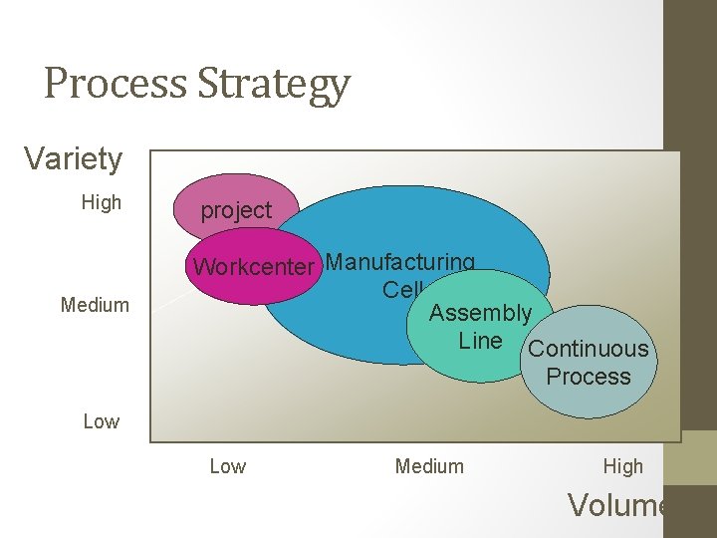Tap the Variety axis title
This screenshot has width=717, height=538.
tap(73, 158)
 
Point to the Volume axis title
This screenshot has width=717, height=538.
tap(617, 505)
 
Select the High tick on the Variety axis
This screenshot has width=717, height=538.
tap(101, 202)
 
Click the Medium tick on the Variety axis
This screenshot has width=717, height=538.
tap(95, 305)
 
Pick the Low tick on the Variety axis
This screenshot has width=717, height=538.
tap(101, 421)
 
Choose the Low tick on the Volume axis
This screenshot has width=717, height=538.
tap(227, 466)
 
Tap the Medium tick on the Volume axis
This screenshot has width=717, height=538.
tap(429, 466)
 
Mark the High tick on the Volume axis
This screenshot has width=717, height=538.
tap(623, 466)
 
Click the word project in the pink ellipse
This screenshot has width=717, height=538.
tap(236, 210)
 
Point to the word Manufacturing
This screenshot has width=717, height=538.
tap(400, 262)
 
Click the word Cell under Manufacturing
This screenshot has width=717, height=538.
tap(402, 289)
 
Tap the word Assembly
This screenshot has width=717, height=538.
tap(480, 313)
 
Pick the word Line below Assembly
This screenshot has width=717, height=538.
tap(480, 341)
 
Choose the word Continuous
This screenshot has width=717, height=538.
tap(588, 349)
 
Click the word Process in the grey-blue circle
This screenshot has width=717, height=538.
tap(588, 377)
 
